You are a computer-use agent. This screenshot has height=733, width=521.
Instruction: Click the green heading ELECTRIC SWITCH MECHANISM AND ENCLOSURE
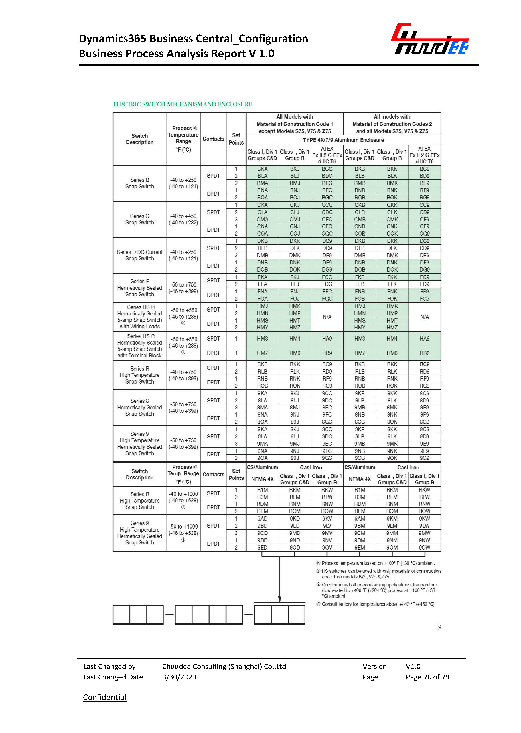click(183, 104)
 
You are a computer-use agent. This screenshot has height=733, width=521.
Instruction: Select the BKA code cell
click(262, 169)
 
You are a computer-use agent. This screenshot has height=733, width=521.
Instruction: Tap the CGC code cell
click(327, 234)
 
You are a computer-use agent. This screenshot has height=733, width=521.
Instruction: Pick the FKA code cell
click(262, 277)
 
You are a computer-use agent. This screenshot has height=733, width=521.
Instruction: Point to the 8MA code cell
click(262, 407)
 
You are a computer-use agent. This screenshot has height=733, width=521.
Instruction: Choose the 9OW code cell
click(424, 547)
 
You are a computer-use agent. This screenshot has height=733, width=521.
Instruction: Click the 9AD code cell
click(262, 518)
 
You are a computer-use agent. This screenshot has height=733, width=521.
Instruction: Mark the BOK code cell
click(392, 197)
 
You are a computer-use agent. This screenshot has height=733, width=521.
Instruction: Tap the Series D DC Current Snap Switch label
click(140, 255)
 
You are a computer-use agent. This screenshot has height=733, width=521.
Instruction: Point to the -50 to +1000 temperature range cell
click(183, 530)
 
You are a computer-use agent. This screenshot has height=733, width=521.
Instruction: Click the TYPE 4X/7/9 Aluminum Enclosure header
click(343, 140)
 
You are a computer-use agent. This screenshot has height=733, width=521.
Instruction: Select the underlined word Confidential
click(104, 697)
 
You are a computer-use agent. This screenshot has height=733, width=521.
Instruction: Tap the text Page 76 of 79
click(427, 677)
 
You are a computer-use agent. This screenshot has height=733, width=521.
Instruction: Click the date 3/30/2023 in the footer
click(179, 677)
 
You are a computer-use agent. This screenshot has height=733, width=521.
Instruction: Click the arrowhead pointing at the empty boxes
click(279, 599)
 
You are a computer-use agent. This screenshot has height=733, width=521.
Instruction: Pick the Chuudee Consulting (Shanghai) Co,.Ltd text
click(224, 666)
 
